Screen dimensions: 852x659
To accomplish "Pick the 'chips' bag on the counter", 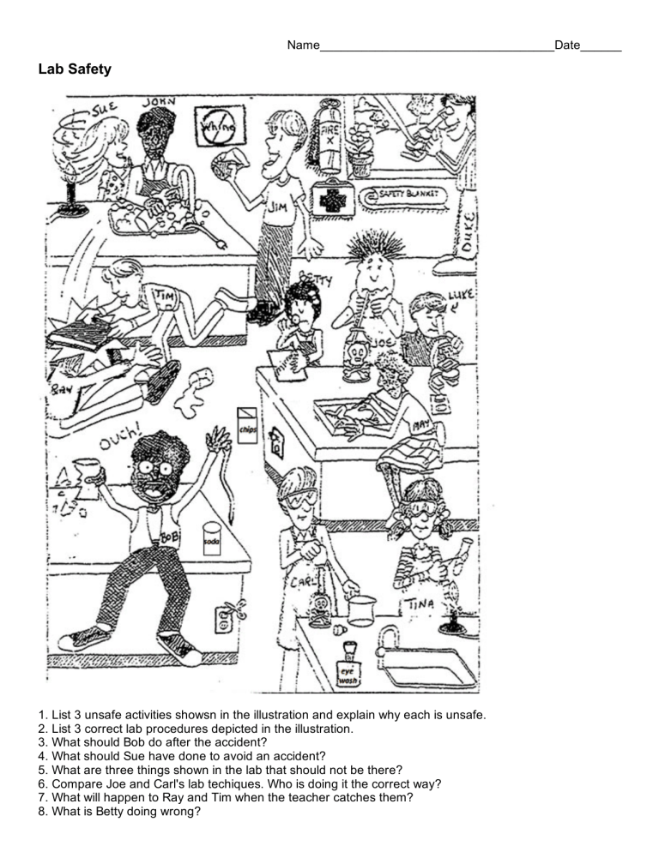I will (x=246, y=426).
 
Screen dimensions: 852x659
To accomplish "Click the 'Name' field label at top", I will (x=304, y=44).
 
